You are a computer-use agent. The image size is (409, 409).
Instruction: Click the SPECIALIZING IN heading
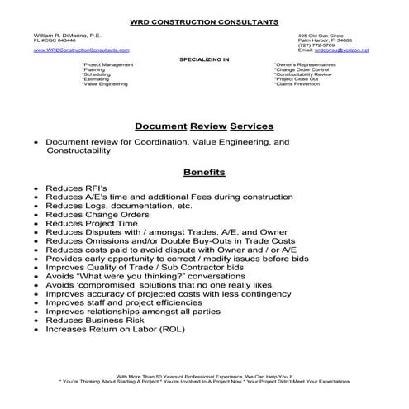click(x=204, y=59)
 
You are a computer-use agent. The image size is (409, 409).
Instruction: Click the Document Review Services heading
click(x=204, y=126)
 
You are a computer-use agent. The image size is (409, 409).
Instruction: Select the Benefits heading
click(x=204, y=173)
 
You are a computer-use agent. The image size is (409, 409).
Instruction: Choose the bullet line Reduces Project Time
click(x=90, y=223)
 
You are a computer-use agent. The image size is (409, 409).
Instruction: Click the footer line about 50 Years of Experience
click(x=204, y=376)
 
